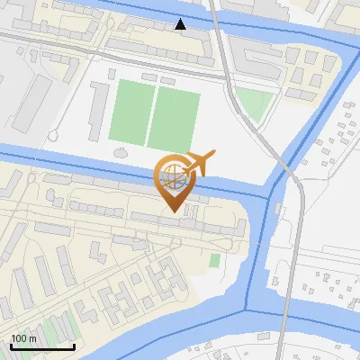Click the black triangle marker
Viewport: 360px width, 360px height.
pos(181,24)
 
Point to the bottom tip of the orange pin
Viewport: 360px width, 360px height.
pos(172,213)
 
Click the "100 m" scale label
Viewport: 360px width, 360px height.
pos(23,338)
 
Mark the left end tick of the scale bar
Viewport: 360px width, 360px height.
pos(11,345)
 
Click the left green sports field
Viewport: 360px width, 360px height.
pos(131,112)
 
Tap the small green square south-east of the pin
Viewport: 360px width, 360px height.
pos(214,260)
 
